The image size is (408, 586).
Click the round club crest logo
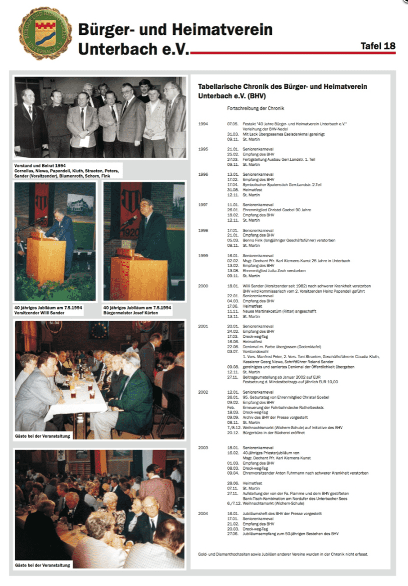click(45, 33)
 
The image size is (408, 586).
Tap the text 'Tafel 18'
click(378, 46)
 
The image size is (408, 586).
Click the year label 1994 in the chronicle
click(203, 123)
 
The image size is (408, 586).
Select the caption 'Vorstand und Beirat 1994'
click(41, 165)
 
